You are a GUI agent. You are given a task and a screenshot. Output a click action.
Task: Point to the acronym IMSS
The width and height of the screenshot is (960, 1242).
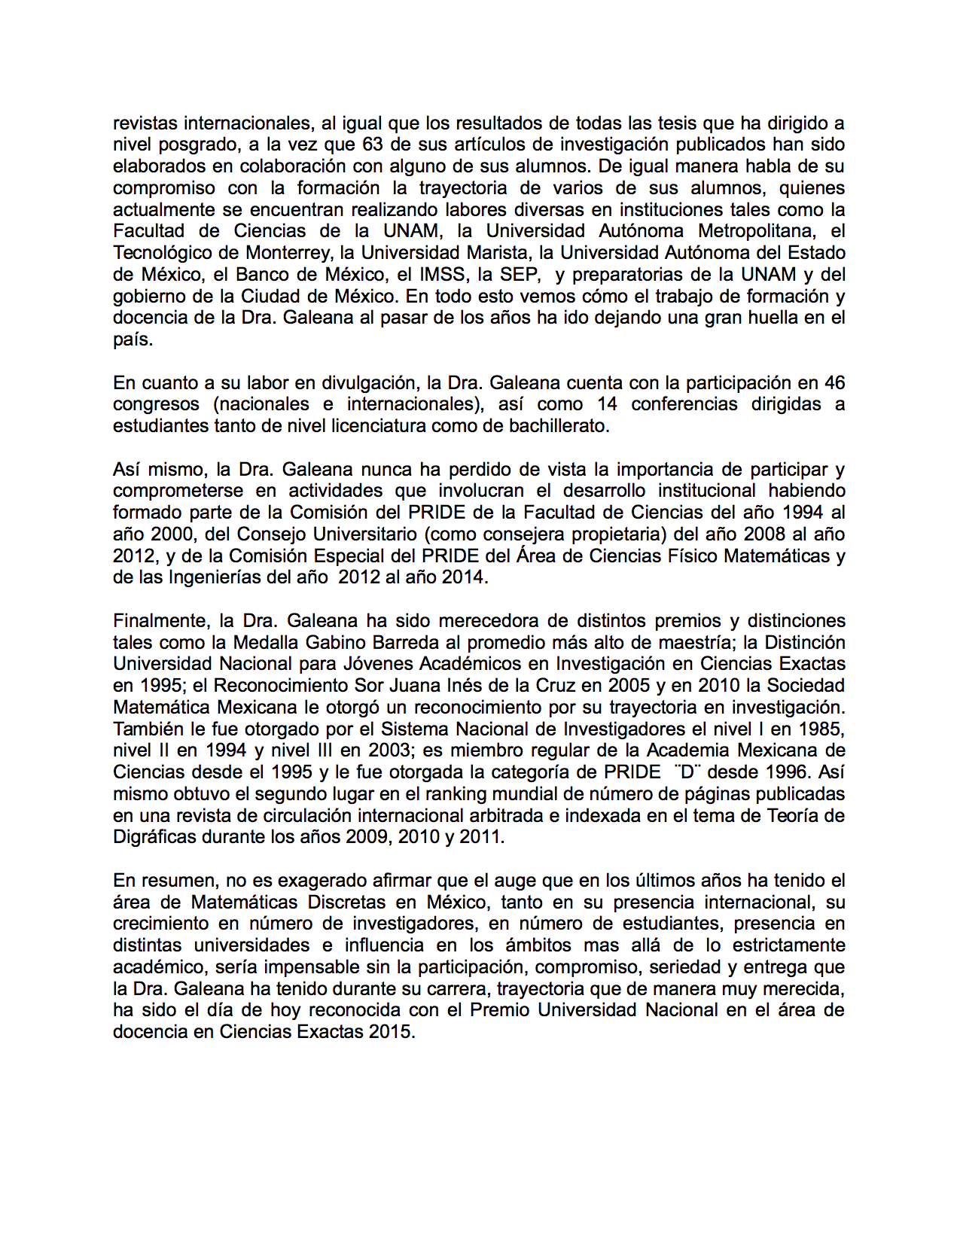tap(442, 275)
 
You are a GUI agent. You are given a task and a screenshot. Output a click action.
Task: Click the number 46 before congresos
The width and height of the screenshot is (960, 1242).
tap(834, 383)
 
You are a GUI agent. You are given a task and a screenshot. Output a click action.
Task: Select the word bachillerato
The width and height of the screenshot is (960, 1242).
tap(556, 426)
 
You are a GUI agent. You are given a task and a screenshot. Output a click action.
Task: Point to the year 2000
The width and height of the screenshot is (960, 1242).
tap(172, 534)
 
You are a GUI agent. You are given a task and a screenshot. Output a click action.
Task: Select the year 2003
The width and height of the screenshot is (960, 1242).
tap(389, 750)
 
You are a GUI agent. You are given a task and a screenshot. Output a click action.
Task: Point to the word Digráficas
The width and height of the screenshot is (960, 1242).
tap(154, 837)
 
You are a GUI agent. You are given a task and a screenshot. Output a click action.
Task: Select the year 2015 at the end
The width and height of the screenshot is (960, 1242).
tap(391, 1032)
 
